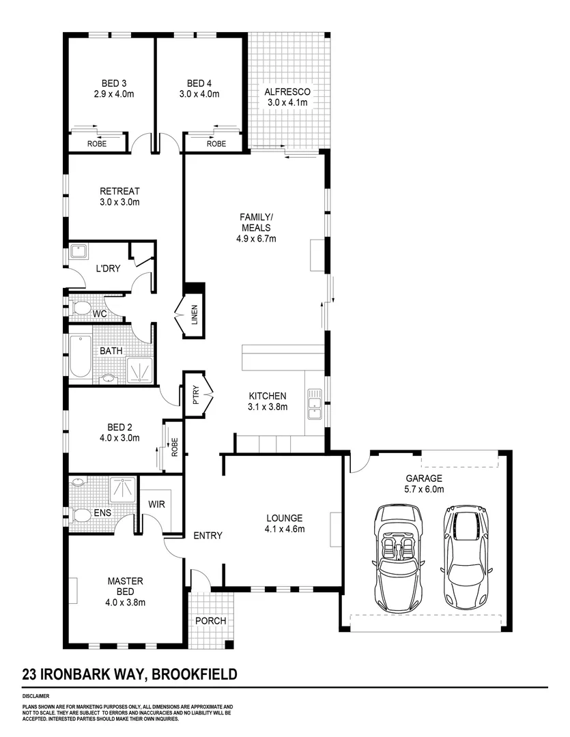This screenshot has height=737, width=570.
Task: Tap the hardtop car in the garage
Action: point(467,558)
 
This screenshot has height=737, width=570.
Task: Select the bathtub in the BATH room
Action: point(79,355)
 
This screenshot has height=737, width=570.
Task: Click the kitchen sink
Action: point(315,403)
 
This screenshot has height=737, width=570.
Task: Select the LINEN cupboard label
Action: point(194,315)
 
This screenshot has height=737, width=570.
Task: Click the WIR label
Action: point(158,504)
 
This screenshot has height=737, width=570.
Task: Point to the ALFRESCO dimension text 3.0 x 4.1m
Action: point(287,102)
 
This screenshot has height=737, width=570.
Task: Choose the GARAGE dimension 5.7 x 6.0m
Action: point(425,489)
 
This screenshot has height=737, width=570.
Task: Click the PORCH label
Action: point(211,621)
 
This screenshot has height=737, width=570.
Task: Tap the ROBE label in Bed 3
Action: point(96,144)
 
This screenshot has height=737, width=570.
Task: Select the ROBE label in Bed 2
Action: point(174,448)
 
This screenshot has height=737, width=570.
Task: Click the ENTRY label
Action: point(207,536)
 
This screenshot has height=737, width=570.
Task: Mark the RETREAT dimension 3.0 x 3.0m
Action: point(119,202)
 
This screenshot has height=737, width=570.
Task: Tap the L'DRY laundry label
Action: point(107,269)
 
